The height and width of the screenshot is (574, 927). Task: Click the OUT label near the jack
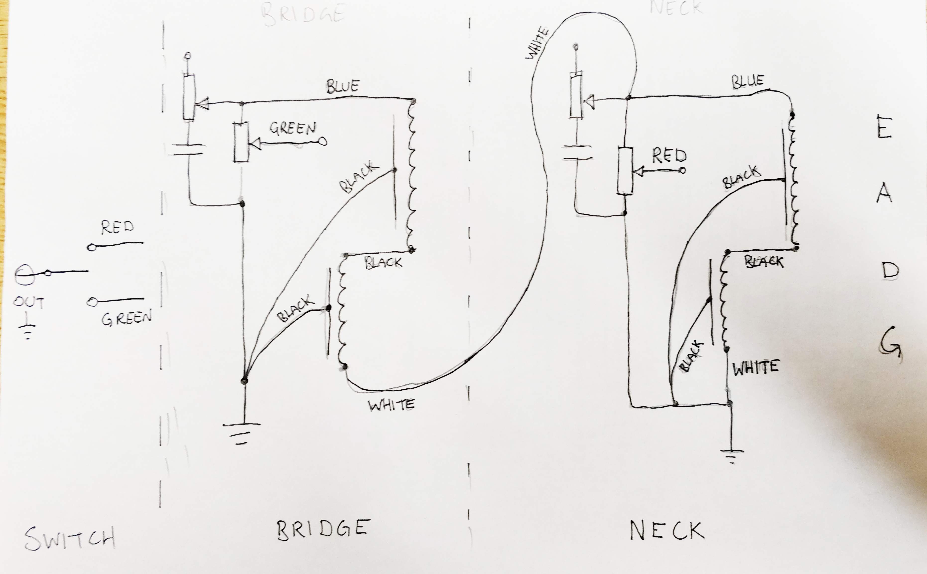29,302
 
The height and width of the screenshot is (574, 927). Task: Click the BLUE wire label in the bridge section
343,86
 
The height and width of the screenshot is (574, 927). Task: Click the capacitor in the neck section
577,152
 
